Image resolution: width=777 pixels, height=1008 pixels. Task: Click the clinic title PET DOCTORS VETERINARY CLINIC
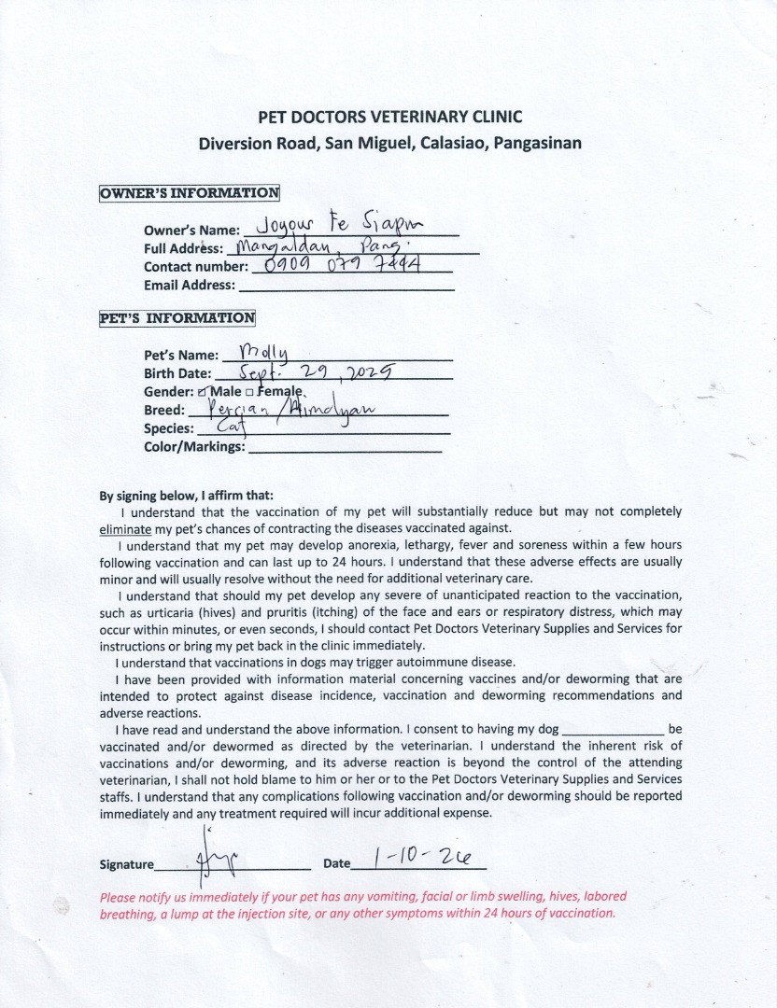[x=389, y=117]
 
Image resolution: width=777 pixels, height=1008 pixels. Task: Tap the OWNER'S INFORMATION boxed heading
[x=190, y=194]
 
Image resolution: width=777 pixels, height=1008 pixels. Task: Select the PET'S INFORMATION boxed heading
[x=177, y=318]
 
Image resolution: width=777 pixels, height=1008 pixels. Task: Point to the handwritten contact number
[x=345, y=266]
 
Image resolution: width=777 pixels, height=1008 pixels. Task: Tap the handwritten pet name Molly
[x=264, y=352]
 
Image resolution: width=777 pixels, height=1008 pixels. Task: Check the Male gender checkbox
[x=203, y=392]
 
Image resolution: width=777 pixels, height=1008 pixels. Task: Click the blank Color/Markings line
[x=344, y=447]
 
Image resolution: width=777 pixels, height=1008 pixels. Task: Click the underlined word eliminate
[x=124, y=528]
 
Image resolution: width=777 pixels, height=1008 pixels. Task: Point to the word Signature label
[x=127, y=865]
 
